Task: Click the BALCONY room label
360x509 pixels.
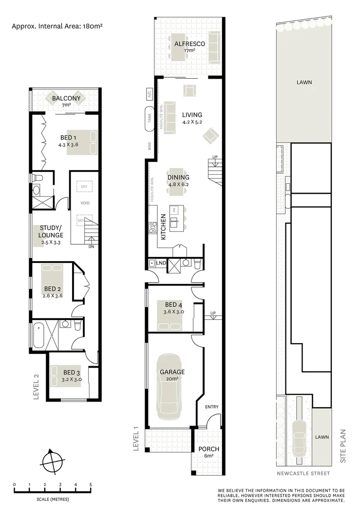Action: click(x=66, y=99)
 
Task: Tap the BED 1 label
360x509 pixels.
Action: click(x=65, y=138)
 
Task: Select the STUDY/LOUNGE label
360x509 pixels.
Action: click(x=51, y=231)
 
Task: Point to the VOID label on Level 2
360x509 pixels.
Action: click(x=85, y=203)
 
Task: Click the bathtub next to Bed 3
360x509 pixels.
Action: click(x=39, y=336)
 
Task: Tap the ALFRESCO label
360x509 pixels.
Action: click(x=189, y=44)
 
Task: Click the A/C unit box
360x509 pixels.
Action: click(x=150, y=93)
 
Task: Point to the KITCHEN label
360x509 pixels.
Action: click(x=163, y=227)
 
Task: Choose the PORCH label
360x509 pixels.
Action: click(x=208, y=449)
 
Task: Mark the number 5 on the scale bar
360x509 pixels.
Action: click(x=90, y=484)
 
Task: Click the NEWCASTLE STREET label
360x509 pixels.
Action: click(x=303, y=473)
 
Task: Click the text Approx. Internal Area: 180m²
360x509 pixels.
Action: click(x=57, y=27)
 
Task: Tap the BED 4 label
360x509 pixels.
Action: click(x=173, y=304)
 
